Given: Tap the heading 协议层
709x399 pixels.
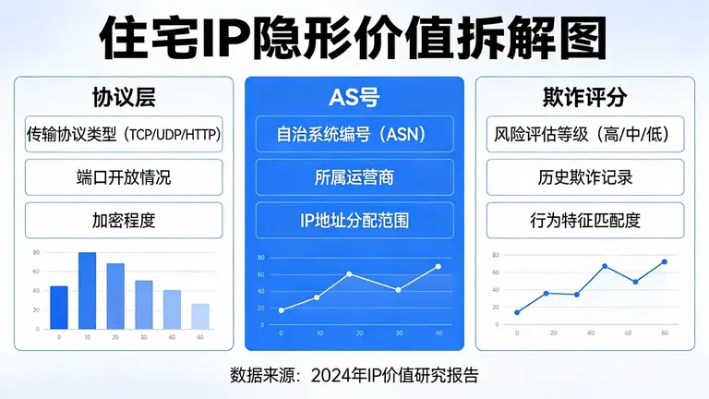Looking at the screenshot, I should click(x=124, y=96).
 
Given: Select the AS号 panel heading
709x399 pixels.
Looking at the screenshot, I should click(x=354, y=96).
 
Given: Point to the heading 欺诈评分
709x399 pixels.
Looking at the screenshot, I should click(x=584, y=96).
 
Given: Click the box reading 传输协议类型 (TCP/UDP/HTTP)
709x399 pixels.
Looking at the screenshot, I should click(x=124, y=135).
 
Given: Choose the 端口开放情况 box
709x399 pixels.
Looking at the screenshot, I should click(x=124, y=177).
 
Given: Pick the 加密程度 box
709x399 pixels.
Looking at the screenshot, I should click(x=124, y=220).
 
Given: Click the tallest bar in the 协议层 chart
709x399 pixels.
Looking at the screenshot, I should click(x=88, y=291).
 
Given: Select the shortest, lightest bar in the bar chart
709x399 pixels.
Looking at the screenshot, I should click(x=200, y=316).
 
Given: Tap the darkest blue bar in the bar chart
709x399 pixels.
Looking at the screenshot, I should click(x=59, y=308).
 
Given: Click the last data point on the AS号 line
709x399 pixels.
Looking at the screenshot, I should click(x=438, y=267).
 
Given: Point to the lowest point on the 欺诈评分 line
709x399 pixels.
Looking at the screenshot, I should click(x=517, y=312).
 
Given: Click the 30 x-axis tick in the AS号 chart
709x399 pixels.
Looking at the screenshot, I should click(x=398, y=333).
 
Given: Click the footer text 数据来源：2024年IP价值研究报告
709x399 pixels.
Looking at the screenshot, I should click(x=354, y=375).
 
